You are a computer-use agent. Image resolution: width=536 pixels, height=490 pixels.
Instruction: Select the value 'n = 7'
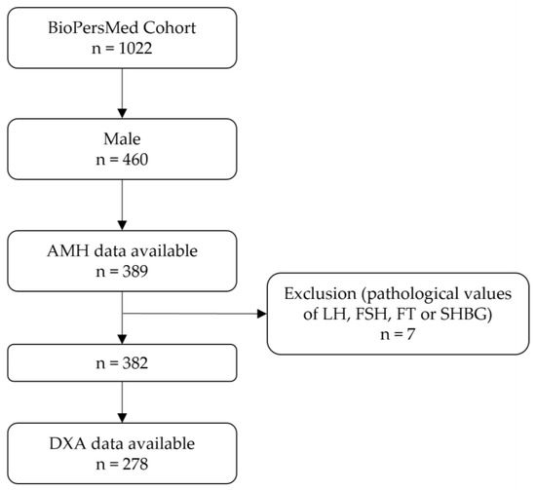coord(403,335)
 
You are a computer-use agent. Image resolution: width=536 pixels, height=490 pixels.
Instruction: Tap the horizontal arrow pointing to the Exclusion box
coord(195,315)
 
